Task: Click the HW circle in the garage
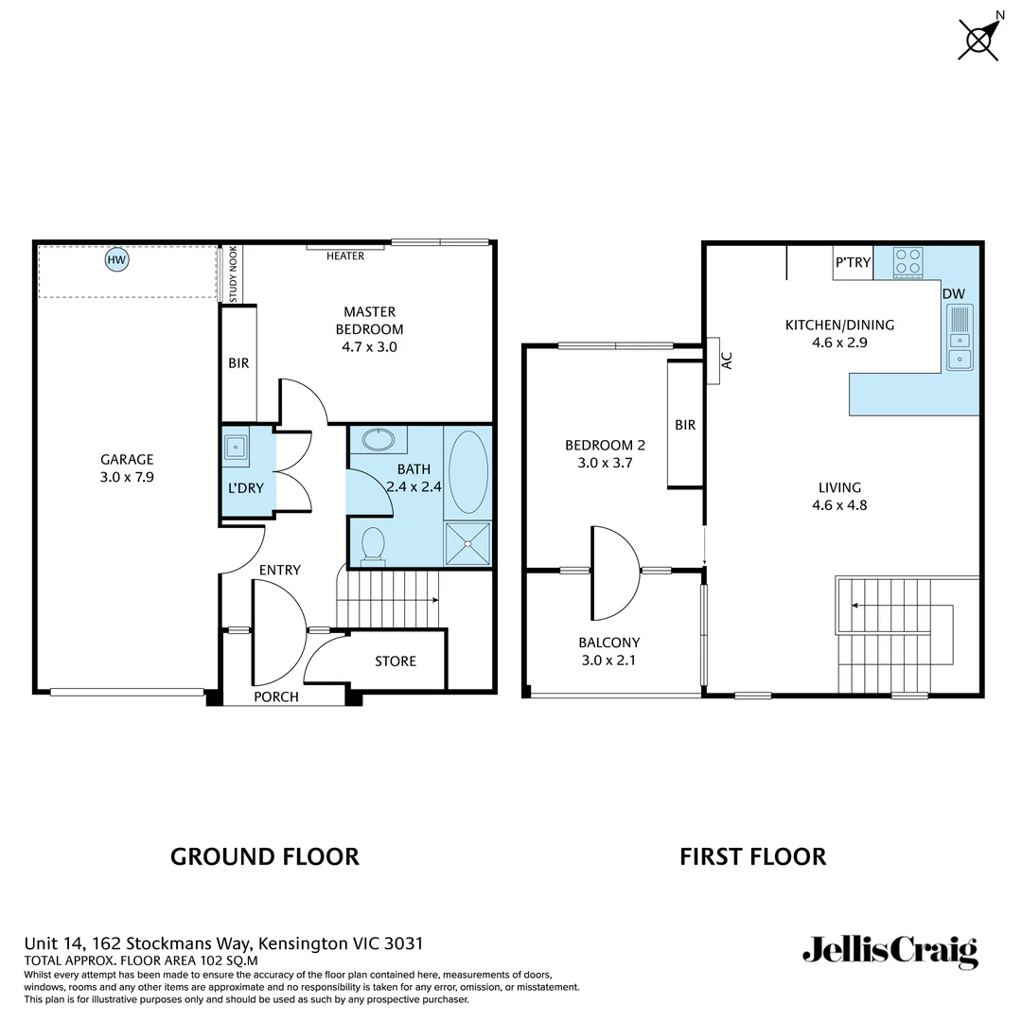point(116,259)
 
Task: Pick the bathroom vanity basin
point(379,440)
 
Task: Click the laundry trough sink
point(235,446)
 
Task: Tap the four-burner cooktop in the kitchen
point(908,261)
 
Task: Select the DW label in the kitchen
point(953,293)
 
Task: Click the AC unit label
point(727,361)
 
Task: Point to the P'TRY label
point(853,262)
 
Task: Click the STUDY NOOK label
point(234,273)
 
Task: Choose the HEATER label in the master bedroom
point(345,255)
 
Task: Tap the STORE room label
point(396,661)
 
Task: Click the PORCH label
point(276,696)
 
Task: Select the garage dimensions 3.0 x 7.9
point(127,478)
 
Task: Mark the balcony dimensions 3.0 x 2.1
point(608,660)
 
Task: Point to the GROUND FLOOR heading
point(264,856)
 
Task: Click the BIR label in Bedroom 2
point(685,425)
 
